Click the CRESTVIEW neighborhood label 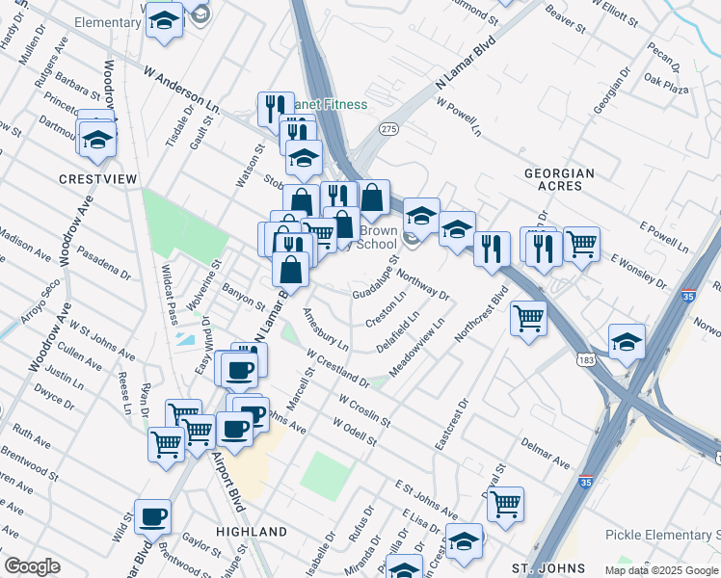98,179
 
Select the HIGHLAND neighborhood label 252,532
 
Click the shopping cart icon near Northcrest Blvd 528,317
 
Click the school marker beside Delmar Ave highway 627,341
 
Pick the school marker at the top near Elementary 165,19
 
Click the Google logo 32,566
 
